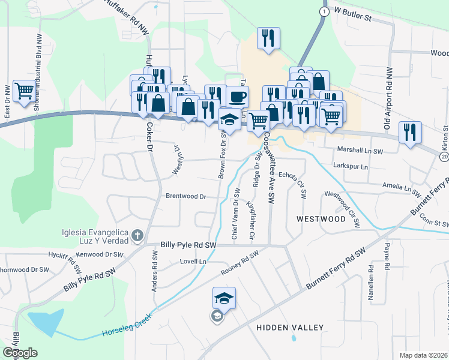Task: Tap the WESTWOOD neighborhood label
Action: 321,219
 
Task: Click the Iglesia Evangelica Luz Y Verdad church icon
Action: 137,236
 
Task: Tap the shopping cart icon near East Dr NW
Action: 25,92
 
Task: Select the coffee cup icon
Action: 237,96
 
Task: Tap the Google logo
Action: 20,353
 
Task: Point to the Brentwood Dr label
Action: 185,196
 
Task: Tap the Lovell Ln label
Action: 193,262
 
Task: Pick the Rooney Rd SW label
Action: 240,264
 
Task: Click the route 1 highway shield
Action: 324,11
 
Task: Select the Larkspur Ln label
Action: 350,166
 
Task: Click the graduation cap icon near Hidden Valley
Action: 224,297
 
